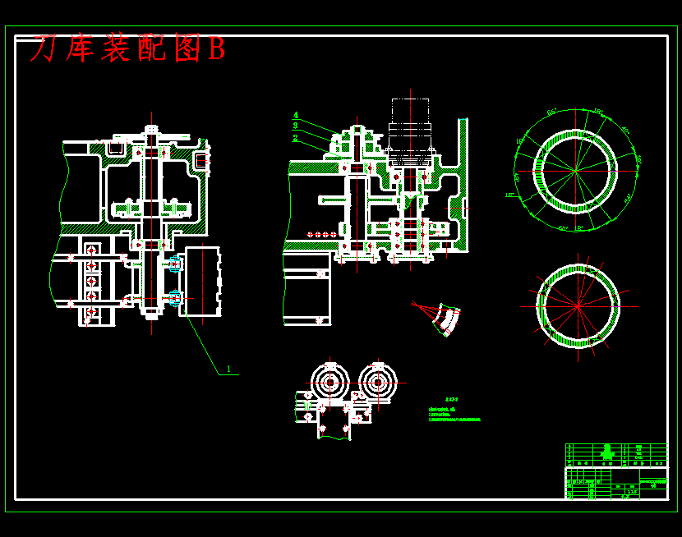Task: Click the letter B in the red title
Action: pyautogui.click(x=216, y=50)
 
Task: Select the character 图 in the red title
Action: pyautogui.click(x=187, y=50)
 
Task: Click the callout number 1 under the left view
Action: pyautogui.click(x=228, y=369)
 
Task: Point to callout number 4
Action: pyautogui.click(x=296, y=115)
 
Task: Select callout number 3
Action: pyautogui.click(x=296, y=126)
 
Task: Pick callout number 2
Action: pyautogui.click(x=295, y=138)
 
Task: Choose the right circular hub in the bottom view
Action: pyautogui.click(x=377, y=382)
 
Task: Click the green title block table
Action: pyautogui.click(x=616, y=471)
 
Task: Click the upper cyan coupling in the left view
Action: pyautogui.click(x=174, y=265)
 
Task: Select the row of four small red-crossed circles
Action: pyautogui.click(x=322, y=235)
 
